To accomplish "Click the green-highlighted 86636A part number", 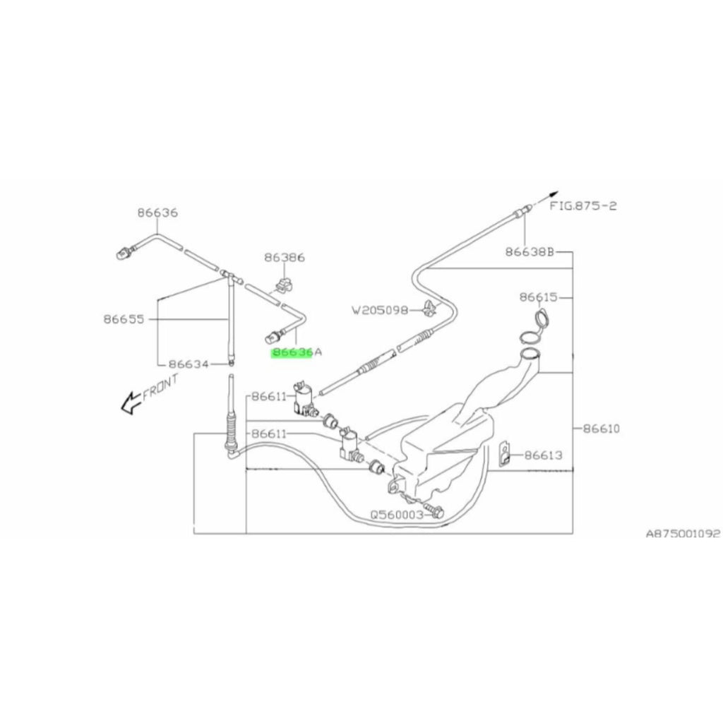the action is [x=297, y=353].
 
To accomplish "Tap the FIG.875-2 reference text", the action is [x=582, y=205].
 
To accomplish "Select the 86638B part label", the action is [x=530, y=252].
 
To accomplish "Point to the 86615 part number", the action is [x=539, y=297].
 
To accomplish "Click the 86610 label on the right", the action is [x=602, y=429].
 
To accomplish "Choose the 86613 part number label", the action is [x=544, y=455].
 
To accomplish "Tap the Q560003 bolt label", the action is [x=397, y=514].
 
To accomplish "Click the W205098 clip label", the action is [x=381, y=311].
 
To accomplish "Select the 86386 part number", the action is [x=285, y=257].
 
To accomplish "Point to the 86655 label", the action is [x=124, y=319].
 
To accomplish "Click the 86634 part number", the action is [x=189, y=364].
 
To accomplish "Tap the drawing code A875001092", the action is [x=683, y=534].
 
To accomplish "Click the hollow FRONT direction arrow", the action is [x=131, y=402].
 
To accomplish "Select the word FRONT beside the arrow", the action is [x=160, y=386].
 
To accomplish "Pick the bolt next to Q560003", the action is [x=434, y=510].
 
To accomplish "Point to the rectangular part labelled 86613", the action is [x=505, y=453].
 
